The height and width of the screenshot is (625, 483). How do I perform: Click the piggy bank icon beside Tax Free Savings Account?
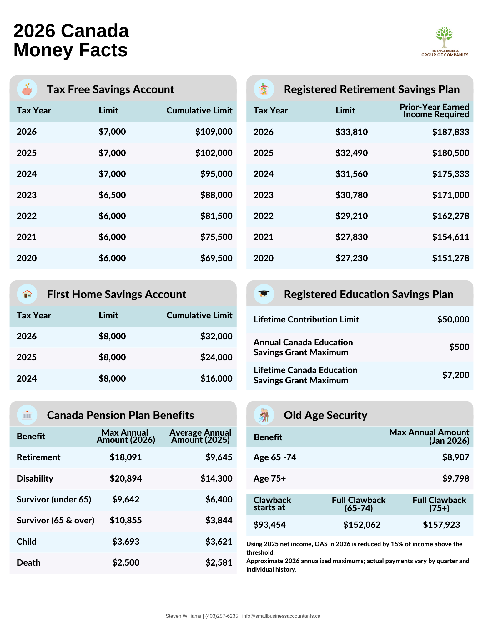pyautogui.click(x=27, y=89)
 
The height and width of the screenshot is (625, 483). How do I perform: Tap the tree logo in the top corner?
pyautogui.click(x=444, y=38)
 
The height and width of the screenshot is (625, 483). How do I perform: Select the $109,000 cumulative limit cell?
pyautogui.click(x=214, y=132)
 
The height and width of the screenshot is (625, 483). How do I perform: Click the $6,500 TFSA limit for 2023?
pyautogui.click(x=112, y=195)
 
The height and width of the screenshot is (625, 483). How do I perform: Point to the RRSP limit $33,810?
pyautogui.click(x=351, y=132)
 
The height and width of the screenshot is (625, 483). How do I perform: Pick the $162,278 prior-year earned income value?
pyautogui.click(x=450, y=216)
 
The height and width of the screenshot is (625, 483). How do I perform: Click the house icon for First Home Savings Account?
pyautogui.click(x=27, y=294)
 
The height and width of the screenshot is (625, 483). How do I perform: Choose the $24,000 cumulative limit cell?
pyautogui.click(x=216, y=357)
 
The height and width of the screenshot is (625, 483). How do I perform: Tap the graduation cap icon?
pyautogui.click(x=264, y=294)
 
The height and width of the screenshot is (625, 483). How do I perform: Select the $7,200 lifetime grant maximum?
pyautogui.click(x=455, y=375)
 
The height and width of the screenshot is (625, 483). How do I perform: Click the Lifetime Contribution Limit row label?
pyautogui.click(x=306, y=319)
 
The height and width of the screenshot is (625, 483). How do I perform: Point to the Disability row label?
pyautogui.click(x=35, y=478)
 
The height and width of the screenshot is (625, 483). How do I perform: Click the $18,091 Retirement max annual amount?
pyautogui.click(x=126, y=457)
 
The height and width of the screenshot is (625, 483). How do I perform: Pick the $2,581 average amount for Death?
pyautogui.click(x=219, y=562)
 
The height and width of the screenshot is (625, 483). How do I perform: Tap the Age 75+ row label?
pyautogui.click(x=269, y=478)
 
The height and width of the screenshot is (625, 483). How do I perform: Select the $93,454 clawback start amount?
pyautogui.click(x=269, y=525)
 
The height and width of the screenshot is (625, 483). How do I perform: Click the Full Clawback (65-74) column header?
pyautogui.click(x=359, y=504)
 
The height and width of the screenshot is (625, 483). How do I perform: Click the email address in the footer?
pyautogui.click(x=281, y=616)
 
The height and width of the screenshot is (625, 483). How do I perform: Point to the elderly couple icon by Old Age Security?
pyautogui.click(x=264, y=415)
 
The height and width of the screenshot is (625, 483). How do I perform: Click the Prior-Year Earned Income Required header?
pyautogui.click(x=434, y=111)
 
